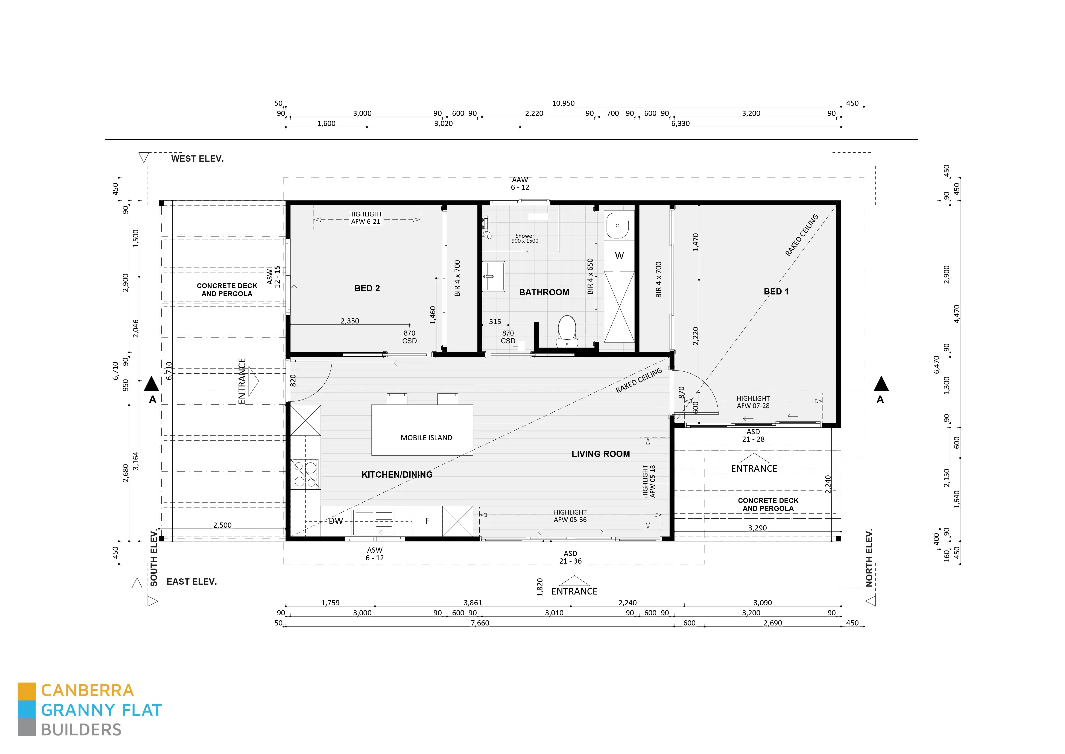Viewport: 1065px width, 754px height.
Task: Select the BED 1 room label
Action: [x=776, y=292]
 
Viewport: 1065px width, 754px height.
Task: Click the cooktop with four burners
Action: [x=305, y=474]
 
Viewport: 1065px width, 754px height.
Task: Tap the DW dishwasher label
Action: [x=336, y=521]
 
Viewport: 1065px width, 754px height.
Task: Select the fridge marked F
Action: [x=427, y=521]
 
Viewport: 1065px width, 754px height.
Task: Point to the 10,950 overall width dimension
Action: [x=563, y=103]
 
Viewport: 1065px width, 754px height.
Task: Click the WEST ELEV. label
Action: [x=197, y=159]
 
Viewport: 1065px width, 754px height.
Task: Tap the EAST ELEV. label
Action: [x=191, y=582]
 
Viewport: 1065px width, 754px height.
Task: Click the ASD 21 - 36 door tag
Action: [x=570, y=557]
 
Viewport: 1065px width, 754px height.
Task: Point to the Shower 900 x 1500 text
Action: [x=525, y=238]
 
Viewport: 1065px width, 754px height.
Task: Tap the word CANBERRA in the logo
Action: [x=87, y=690]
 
